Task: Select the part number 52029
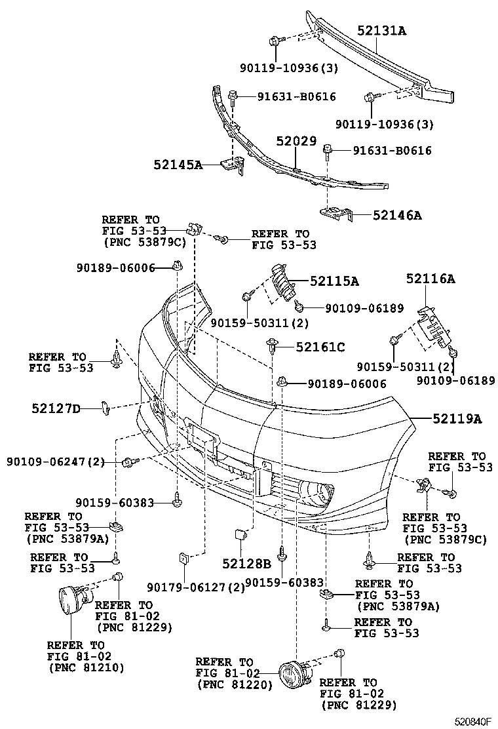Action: point(296,141)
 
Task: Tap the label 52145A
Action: point(178,165)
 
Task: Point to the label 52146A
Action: point(397,214)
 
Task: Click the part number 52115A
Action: point(334,281)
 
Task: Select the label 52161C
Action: point(320,347)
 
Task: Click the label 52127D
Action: point(56,409)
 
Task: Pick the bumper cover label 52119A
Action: point(456,418)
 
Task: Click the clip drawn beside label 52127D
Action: point(105,409)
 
